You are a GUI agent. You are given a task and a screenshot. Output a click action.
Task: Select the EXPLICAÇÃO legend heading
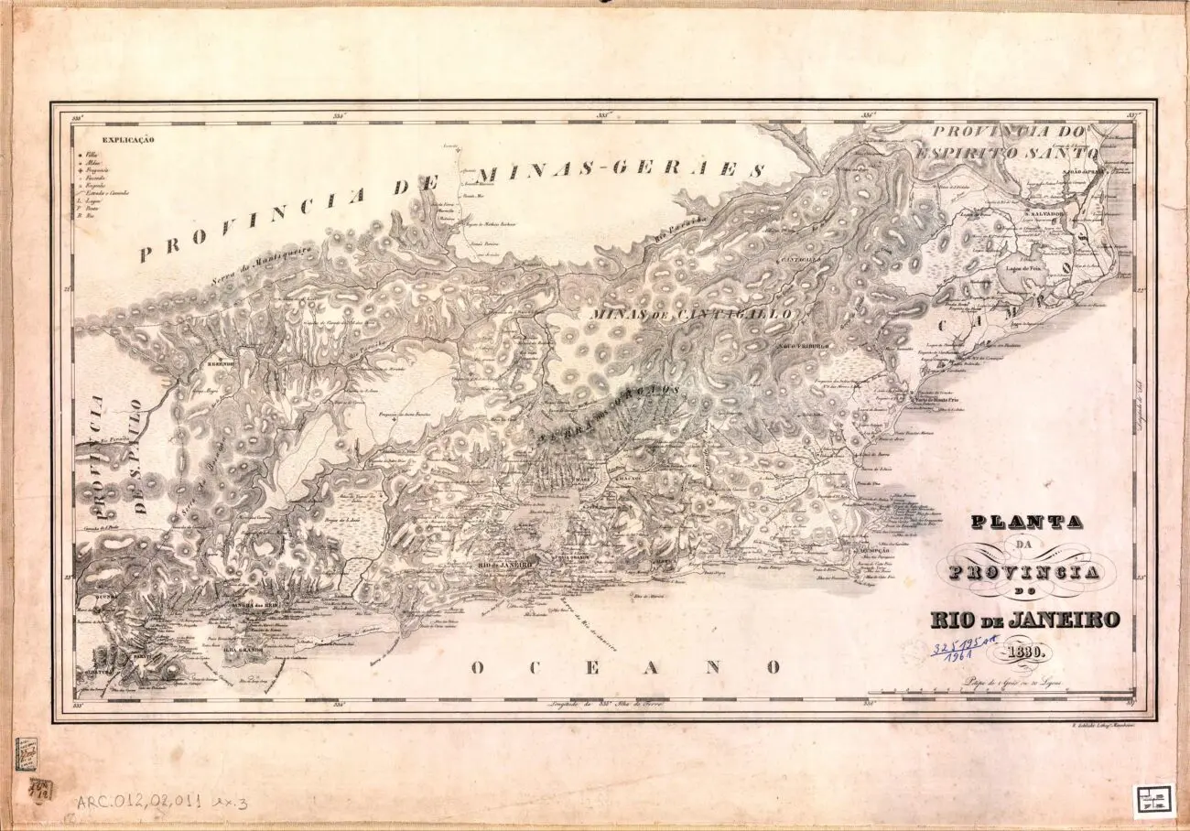pos(128,140)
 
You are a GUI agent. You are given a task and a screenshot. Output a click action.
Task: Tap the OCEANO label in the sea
pos(626,667)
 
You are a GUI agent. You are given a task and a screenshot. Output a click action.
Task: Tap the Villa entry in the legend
pos(92,156)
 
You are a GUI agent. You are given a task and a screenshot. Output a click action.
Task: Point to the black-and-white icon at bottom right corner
pos(1153,800)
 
